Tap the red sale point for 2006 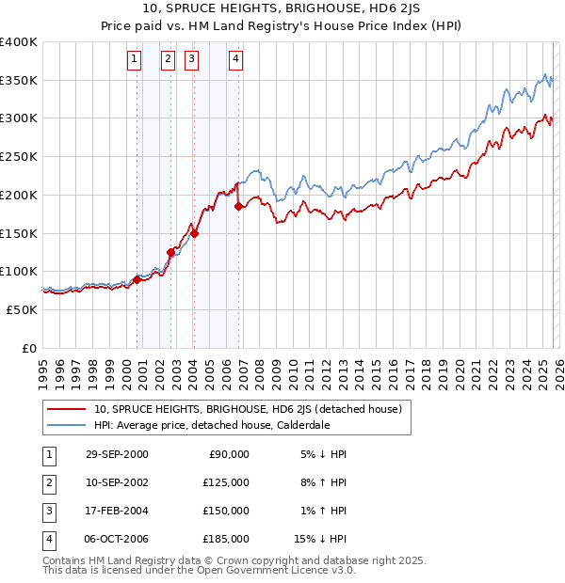(238, 206)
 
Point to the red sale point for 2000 (137, 278)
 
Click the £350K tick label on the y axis (19, 81)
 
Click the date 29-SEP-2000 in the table (116, 454)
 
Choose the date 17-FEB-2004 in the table (116, 511)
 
